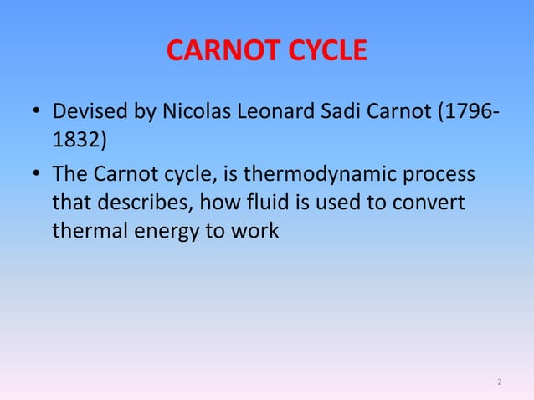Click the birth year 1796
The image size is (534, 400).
point(465,111)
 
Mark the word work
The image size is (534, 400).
point(255,230)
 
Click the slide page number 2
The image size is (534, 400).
point(499,382)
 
